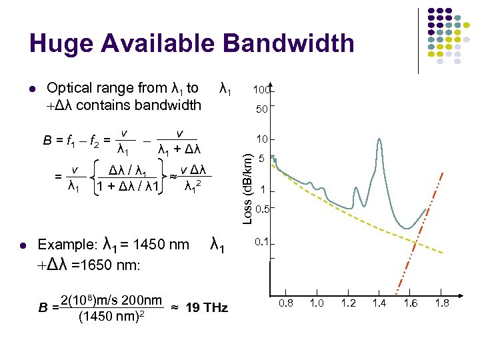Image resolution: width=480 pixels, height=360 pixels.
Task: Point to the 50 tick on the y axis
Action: (263, 108)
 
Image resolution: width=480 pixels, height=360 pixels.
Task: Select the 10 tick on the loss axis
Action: (262, 139)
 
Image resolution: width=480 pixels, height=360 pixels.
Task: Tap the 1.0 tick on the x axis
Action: (318, 303)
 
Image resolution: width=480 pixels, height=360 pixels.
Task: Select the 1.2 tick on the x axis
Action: (349, 303)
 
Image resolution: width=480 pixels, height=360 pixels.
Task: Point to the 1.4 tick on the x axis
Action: (379, 303)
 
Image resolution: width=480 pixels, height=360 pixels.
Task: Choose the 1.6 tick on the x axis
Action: (410, 303)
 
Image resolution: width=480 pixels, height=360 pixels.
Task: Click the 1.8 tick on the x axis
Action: (441, 303)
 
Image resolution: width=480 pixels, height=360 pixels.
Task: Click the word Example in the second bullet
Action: (65, 245)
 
